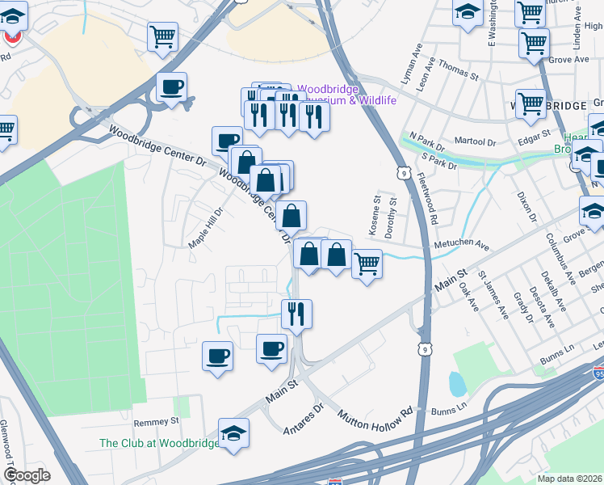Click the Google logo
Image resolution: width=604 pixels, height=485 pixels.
point(26,475)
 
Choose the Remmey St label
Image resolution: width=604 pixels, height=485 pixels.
point(156,422)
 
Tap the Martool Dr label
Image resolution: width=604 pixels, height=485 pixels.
point(475,142)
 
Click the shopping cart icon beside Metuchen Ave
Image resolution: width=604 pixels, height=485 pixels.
point(367,264)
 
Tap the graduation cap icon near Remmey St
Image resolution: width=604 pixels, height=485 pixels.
point(233,432)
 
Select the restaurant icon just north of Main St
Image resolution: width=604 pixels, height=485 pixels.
point(296,313)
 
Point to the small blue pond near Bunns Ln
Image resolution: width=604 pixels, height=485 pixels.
point(456,383)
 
